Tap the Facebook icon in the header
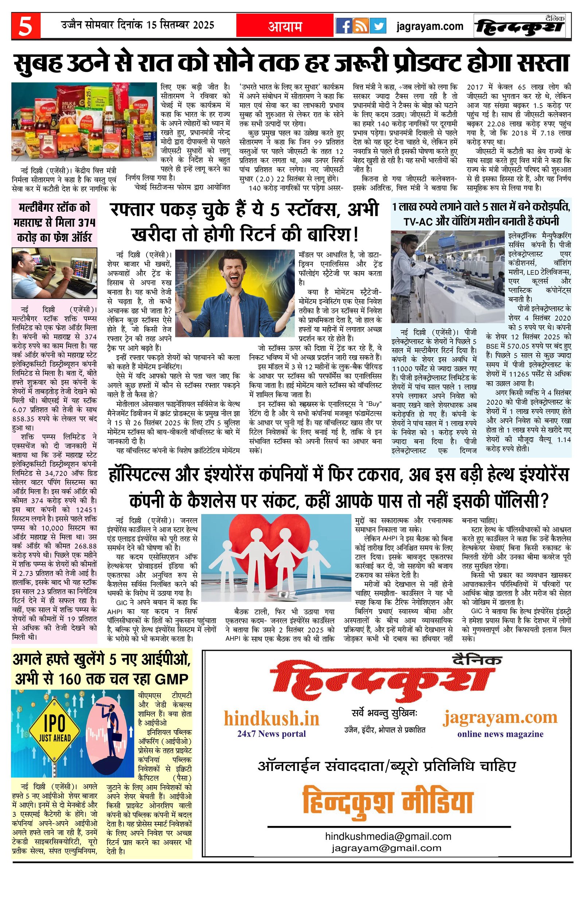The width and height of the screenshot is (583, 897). coord(343,26)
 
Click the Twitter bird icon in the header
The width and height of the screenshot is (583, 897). coord(377,26)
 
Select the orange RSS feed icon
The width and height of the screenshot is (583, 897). coord(361,26)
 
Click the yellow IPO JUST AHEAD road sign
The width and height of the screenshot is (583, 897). coord(55,731)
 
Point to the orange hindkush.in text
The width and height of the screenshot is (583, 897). coord(271,718)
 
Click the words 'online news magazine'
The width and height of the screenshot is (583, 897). coord(500,734)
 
